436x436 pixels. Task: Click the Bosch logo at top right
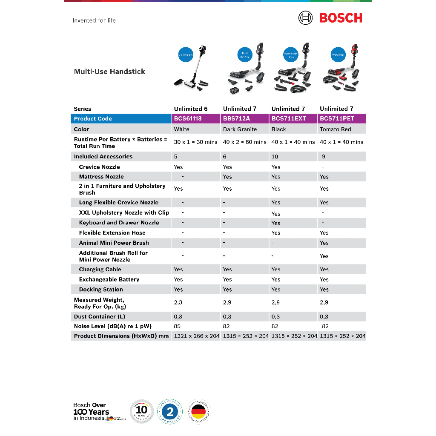tap(330, 18)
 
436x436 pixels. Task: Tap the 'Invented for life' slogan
tap(94, 20)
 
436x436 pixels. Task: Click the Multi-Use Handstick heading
tap(109, 72)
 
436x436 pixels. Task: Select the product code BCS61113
tap(188, 119)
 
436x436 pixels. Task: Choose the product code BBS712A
tap(236, 119)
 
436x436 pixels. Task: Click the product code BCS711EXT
tap(289, 119)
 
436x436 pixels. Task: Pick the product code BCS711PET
tap(337, 119)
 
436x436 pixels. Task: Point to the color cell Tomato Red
tap(336, 129)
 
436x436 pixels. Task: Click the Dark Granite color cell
tap(240, 129)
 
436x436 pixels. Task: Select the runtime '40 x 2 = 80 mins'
tap(245, 142)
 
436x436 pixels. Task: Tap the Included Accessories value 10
tap(275, 157)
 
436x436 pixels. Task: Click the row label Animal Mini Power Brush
tap(114, 243)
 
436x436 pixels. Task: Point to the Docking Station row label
tap(101, 290)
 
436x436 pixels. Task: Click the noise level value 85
tap(177, 327)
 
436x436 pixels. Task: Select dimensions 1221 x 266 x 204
tap(197, 336)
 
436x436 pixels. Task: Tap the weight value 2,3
tap(178, 303)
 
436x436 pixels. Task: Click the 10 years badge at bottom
tap(142, 412)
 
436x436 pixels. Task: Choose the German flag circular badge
tap(198, 412)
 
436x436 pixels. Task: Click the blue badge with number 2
tap(170, 412)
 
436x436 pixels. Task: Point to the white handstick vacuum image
tap(192, 70)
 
